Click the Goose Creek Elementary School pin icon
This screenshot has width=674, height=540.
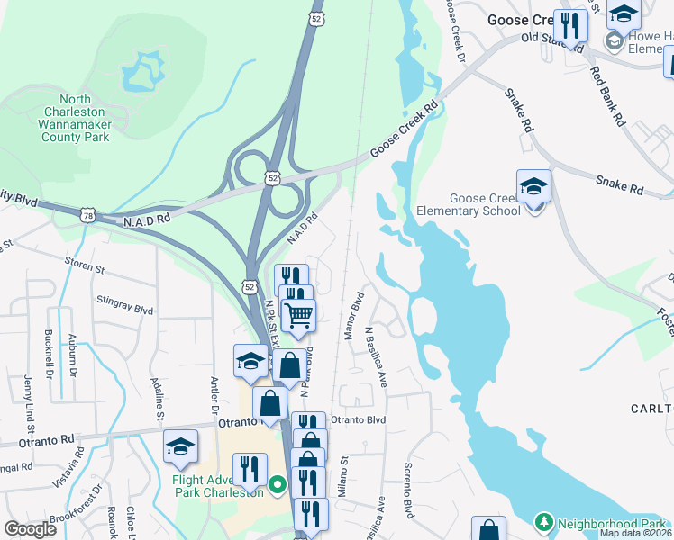533,187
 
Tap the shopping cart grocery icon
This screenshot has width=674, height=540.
298,316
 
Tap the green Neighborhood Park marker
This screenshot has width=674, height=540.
543,522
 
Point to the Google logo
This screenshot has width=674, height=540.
30,529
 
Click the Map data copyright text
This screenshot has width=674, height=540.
635,533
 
